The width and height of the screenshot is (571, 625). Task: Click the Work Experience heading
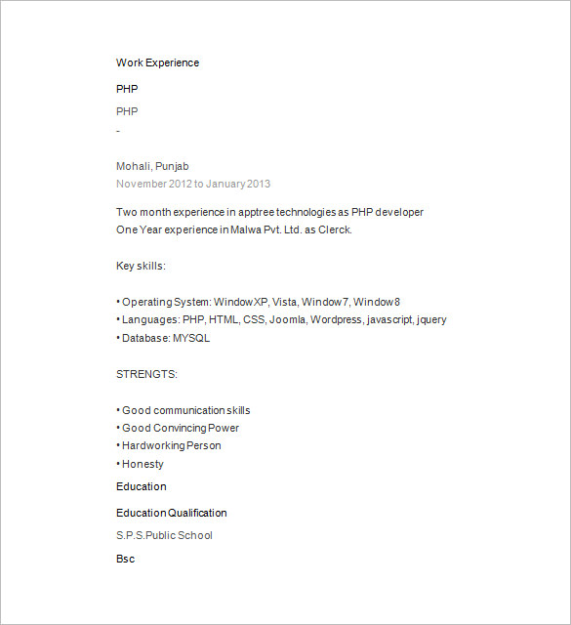(157, 62)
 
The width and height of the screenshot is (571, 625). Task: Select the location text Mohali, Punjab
(152, 166)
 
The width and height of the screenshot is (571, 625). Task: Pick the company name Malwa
(248, 229)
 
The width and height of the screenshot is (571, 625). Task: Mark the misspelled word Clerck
(335, 229)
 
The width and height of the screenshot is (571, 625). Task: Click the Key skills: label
(141, 266)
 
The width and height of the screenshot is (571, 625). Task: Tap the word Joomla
(288, 319)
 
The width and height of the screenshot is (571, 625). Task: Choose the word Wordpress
(338, 319)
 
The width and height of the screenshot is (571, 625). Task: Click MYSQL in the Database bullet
(191, 338)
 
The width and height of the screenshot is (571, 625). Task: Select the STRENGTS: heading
(146, 374)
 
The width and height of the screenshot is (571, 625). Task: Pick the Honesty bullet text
(143, 464)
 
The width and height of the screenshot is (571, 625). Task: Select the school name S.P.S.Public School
(164, 535)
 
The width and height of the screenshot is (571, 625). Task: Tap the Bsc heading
(125, 559)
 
